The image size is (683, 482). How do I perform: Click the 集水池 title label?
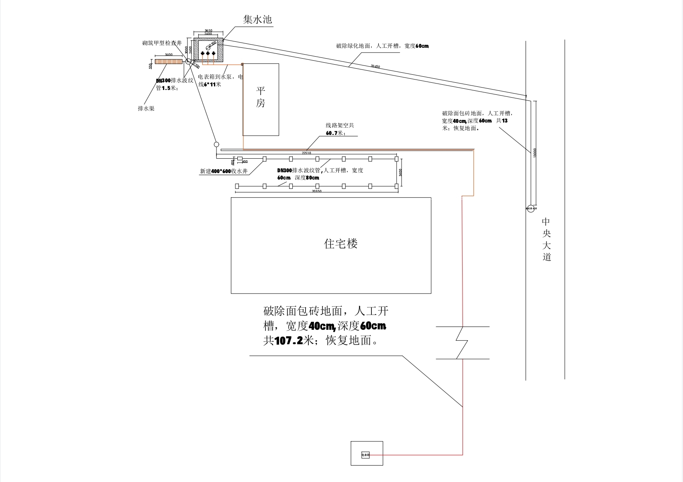pyautogui.click(x=258, y=19)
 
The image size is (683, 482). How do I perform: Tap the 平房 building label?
pyautogui.click(x=261, y=97)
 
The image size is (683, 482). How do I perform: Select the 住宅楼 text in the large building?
pyautogui.click(x=340, y=244)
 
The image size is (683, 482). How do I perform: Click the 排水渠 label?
pyautogui.click(x=146, y=108)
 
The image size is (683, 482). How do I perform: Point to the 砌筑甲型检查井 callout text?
pyautogui.click(x=162, y=43)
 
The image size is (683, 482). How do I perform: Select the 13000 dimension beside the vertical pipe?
pyautogui.click(x=535, y=153)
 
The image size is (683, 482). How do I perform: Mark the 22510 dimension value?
pyautogui.click(x=306, y=153)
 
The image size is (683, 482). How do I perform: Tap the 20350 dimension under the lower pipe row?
pyautogui.click(x=316, y=191)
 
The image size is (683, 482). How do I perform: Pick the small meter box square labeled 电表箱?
pyautogui.click(x=365, y=455)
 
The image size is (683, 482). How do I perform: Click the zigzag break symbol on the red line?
pyautogui.click(x=462, y=343)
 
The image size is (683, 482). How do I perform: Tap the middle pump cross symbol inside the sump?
pyautogui.click(x=208, y=53)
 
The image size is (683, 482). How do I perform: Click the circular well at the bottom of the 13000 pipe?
pyautogui.click(x=531, y=208)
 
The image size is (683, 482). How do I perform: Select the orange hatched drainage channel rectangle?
pyautogui.click(x=169, y=61)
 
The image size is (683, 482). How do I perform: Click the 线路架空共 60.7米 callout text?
pyautogui.click(x=340, y=129)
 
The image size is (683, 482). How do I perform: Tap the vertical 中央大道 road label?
pyautogui.click(x=546, y=239)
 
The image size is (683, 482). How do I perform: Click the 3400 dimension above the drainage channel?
pyautogui.click(x=169, y=55)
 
